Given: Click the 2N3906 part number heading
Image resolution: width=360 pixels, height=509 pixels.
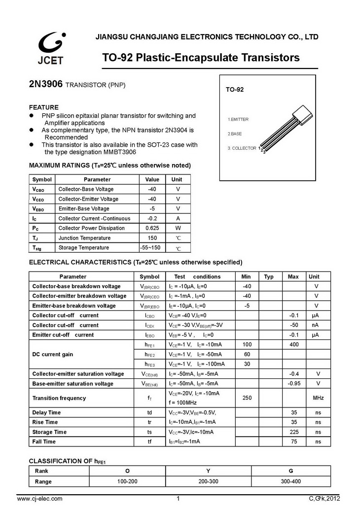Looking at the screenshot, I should (x=46, y=85).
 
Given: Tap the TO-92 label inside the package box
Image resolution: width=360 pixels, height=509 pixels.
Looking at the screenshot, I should (x=235, y=90).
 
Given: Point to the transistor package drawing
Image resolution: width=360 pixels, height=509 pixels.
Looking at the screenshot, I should (x=286, y=128).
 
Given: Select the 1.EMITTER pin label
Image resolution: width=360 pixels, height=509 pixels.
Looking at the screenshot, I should (x=238, y=120).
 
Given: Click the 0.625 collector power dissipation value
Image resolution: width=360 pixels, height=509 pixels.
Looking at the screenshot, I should (x=152, y=228).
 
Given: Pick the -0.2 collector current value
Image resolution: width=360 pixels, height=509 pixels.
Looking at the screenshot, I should (x=152, y=218).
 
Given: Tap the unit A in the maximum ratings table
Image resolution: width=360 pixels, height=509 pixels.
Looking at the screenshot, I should (x=178, y=218).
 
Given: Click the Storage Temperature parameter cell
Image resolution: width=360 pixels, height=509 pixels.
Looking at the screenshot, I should (x=83, y=247).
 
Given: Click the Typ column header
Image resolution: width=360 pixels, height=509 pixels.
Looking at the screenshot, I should (x=269, y=276).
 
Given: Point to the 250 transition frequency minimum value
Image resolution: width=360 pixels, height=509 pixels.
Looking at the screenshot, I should (x=247, y=398).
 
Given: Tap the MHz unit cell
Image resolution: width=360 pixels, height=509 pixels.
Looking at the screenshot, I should (x=318, y=398).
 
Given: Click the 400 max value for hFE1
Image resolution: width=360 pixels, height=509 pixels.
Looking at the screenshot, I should (x=294, y=344).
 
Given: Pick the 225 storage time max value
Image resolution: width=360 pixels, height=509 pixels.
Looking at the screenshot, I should (x=294, y=432).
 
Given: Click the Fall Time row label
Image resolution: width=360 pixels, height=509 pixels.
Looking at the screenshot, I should (x=44, y=441).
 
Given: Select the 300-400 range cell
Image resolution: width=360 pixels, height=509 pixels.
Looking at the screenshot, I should (x=290, y=481).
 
